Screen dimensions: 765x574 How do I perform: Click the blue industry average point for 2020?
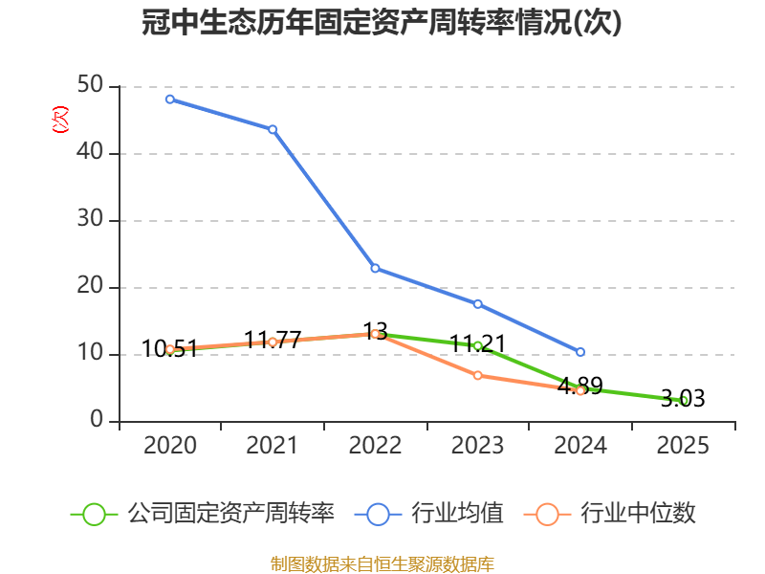click(x=170, y=99)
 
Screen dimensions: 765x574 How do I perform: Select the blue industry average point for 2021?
click(x=273, y=129)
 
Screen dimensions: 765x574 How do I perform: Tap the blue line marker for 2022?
click(x=375, y=269)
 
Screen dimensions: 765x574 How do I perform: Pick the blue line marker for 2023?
click(x=477, y=304)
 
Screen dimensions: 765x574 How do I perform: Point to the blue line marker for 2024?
click(x=580, y=352)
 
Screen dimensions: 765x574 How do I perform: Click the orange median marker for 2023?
click(x=477, y=375)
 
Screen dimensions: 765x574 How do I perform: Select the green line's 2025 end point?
click(x=683, y=401)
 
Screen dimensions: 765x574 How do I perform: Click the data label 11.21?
click(x=477, y=343)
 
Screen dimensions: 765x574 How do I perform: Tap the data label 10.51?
click(x=170, y=348)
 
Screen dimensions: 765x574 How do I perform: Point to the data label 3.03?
click(x=683, y=398)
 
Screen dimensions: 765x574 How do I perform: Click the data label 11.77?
click(x=273, y=340)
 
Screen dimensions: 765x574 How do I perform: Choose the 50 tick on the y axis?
click(x=90, y=85)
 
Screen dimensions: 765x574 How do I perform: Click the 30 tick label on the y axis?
click(x=90, y=219)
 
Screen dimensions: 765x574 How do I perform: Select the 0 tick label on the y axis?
click(x=97, y=419)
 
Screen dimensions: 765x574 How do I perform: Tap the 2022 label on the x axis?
click(x=375, y=445)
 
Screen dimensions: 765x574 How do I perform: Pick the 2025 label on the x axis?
click(x=683, y=445)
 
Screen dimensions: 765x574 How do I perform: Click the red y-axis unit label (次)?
click(x=60, y=120)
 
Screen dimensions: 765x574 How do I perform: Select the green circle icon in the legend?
click(x=94, y=515)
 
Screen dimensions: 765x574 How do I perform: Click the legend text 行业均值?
click(x=457, y=514)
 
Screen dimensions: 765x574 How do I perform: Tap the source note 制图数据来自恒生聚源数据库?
click(x=382, y=564)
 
